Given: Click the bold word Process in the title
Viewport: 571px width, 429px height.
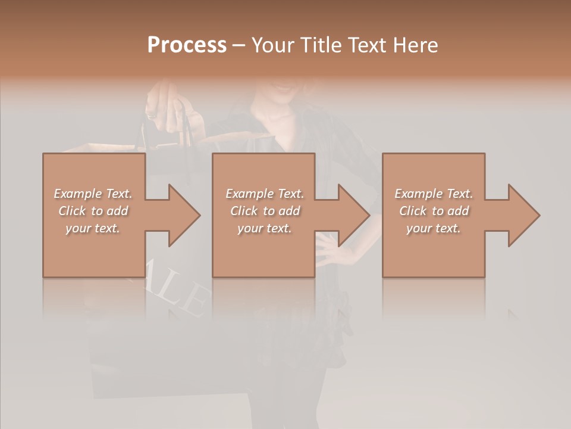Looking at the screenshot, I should pyautogui.click(x=187, y=45).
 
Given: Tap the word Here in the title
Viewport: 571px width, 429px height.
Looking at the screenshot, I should pyautogui.click(x=417, y=45).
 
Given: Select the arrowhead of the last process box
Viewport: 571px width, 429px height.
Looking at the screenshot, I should pyautogui.click(x=523, y=216).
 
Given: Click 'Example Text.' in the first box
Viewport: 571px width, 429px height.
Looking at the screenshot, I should pyautogui.click(x=93, y=194).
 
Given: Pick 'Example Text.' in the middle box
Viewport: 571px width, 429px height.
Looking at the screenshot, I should pyautogui.click(x=265, y=194).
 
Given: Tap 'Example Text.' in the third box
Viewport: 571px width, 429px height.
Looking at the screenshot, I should pyautogui.click(x=434, y=194).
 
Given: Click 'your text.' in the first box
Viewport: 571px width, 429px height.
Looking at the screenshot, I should pyautogui.click(x=93, y=228).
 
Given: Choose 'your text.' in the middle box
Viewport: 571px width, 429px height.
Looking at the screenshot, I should pyautogui.click(x=265, y=228).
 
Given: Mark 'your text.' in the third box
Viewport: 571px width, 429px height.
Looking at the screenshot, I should pyautogui.click(x=434, y=228).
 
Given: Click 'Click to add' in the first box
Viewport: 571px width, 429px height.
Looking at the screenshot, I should pyautogui.click(x=93, y=211).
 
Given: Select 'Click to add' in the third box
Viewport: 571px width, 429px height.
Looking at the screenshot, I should pyautogui.click(x=434, y=211).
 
